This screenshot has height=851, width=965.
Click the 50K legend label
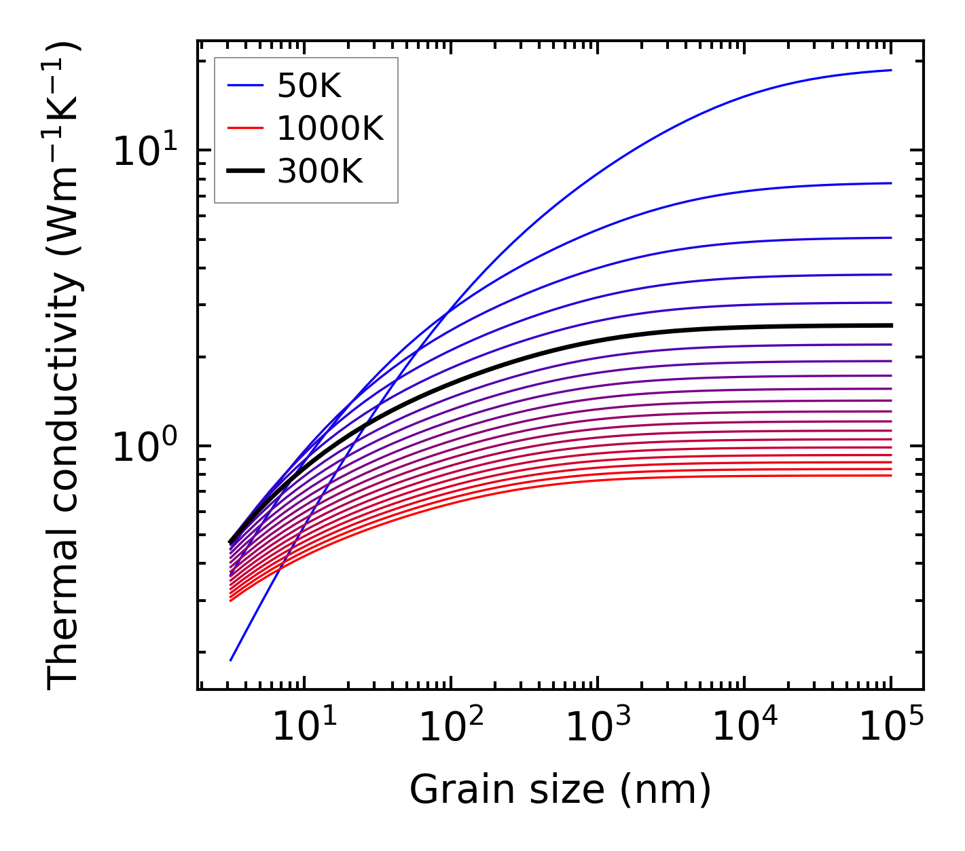tap(309, 86)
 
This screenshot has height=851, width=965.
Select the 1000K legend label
tap(331, 129)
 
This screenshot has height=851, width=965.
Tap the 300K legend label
tap(321, 172)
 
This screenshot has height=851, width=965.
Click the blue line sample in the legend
tap(245, 86)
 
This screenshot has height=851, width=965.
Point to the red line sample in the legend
tap(245, 128)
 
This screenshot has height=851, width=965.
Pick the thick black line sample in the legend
tap(245, 172)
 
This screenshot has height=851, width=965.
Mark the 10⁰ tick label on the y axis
tap(143, 448)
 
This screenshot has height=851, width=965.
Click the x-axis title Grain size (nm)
tap(560, 790)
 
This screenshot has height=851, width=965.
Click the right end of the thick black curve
tap(890, 326)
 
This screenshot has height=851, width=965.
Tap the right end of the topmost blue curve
tap(890, 70)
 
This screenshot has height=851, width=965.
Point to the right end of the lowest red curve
tap(890, 475)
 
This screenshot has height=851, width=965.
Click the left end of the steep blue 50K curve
tap(231, 660)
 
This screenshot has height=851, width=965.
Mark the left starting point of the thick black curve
tap(231, 543)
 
